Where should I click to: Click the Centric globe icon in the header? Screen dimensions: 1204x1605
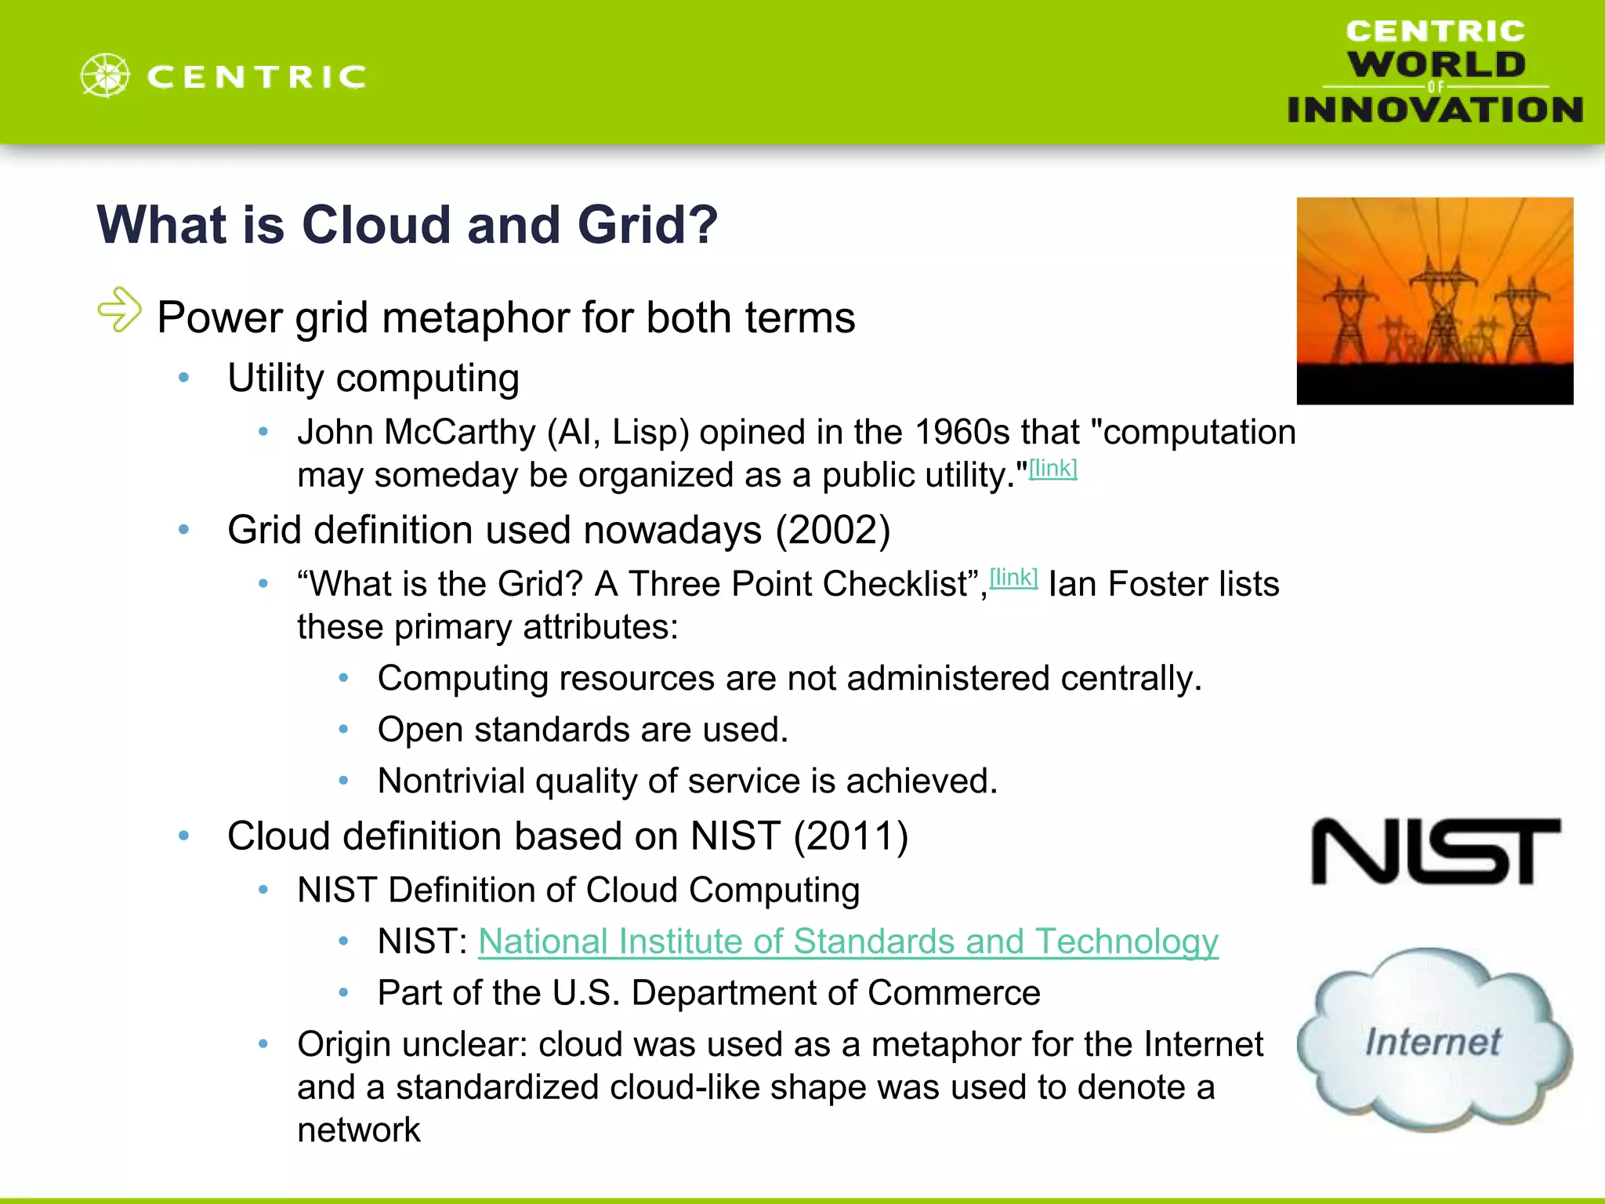pos(105,76)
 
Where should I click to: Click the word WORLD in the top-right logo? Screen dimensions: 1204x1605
pos(1436,64)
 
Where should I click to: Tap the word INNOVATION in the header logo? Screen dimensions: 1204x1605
pos(1435,110)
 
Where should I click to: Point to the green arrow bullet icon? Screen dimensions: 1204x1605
pos(120,310)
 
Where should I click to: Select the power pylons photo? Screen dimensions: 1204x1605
pos(1434,301)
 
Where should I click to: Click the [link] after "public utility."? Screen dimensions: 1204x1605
pos(1052,469)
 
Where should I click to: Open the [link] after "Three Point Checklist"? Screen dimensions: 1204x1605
pos(1013,578)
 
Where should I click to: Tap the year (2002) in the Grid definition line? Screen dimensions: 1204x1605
pos(832,531)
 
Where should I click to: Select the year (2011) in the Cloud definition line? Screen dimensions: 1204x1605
pos(850,836)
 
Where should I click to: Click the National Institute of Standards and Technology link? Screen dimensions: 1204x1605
pos(848,941)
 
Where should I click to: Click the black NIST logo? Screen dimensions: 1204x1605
pos(1436,852)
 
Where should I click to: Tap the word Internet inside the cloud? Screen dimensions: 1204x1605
pos(1433,1042)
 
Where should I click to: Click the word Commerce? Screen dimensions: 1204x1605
pos(954,993)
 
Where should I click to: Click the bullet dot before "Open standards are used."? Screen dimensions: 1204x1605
pos(343,730)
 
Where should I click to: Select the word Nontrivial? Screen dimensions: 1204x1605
pos(452,782)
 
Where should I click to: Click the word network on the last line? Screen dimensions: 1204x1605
pos(359,1130)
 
